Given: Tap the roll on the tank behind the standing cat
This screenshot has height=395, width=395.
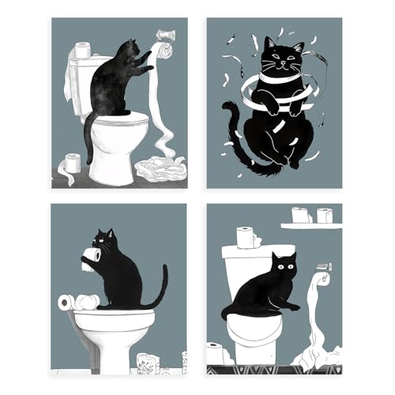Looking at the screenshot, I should [81, 49].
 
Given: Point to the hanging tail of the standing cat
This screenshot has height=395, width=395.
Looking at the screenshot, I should [88, 138].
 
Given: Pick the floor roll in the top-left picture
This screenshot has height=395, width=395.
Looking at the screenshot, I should [73, 164].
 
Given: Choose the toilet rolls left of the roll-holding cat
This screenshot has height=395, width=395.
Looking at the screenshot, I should [77, 302].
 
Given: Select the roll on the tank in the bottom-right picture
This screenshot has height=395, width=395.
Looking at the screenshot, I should [247, 237].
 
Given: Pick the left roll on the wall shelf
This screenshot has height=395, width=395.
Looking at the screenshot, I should [299, 215].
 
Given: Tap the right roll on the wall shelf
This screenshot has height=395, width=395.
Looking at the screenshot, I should [324, 215].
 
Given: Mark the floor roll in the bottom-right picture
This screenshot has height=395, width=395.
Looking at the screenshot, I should [215, 353].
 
